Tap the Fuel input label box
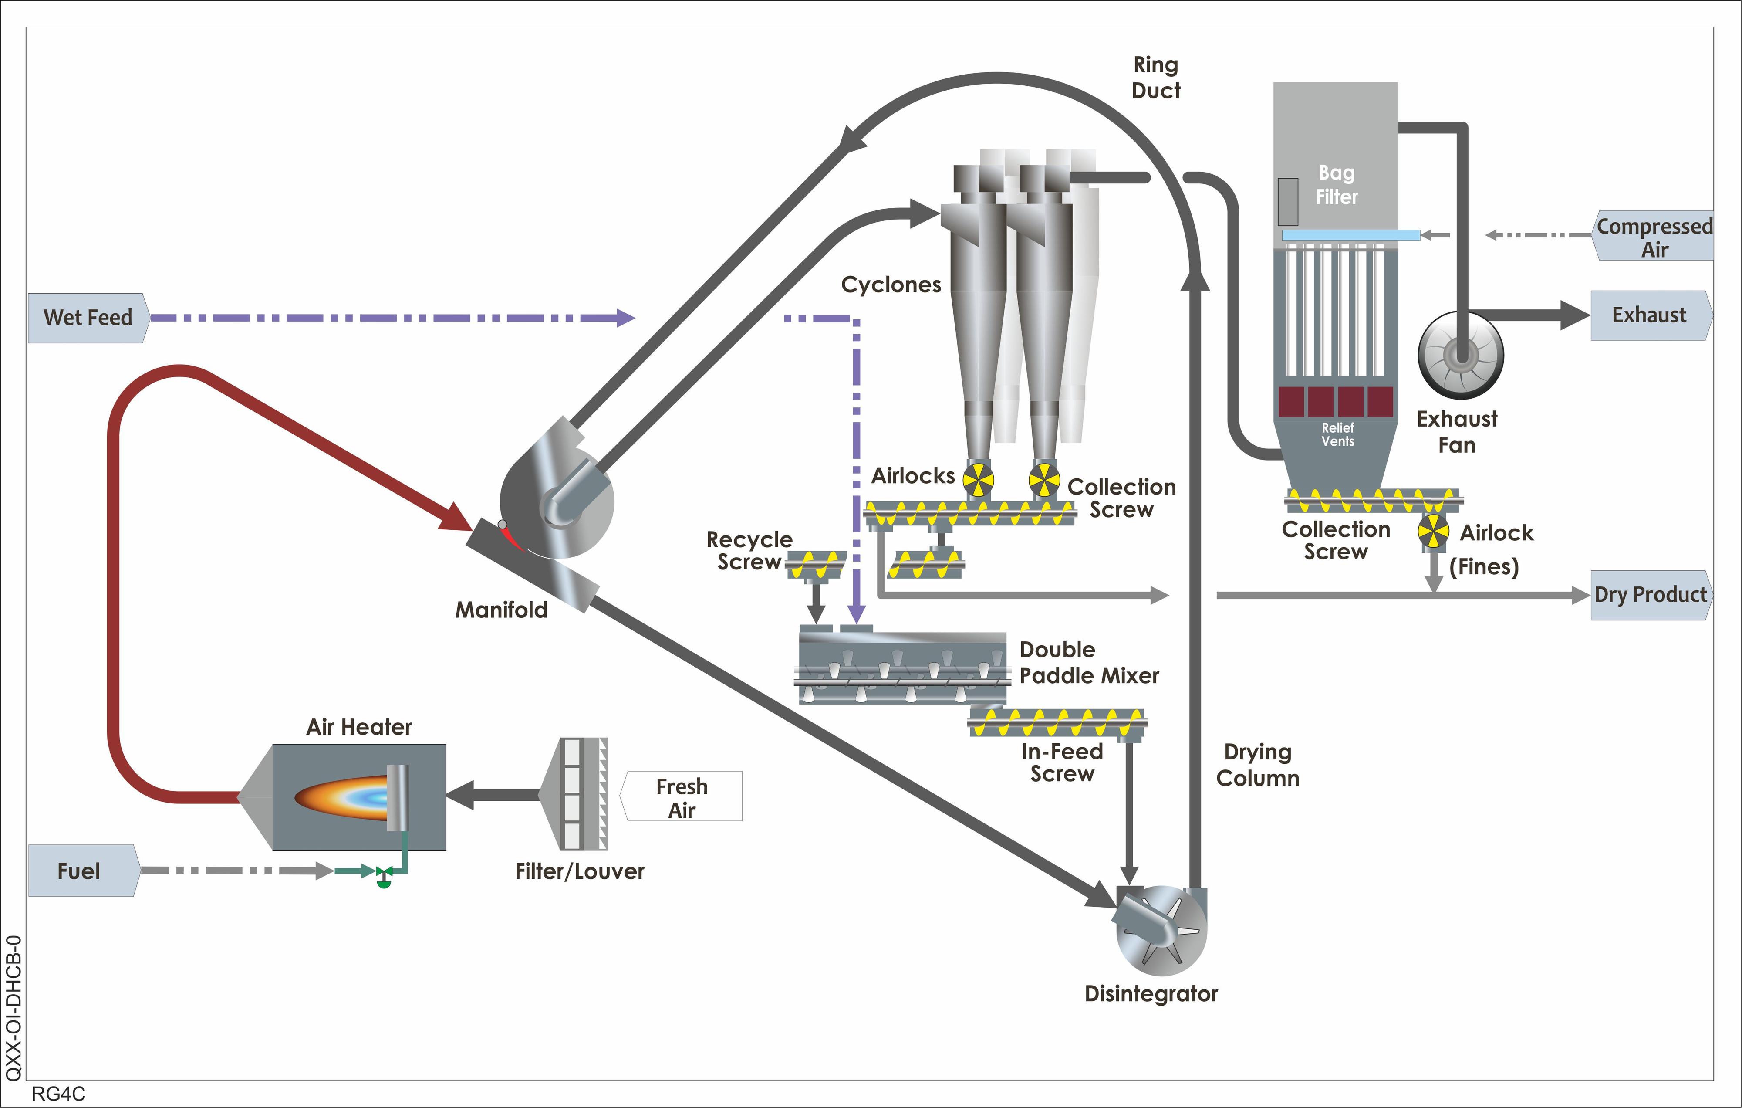point(83,871)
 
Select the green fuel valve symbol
point(383,876)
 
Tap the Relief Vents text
point(1337,434)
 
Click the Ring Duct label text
point(1156,78)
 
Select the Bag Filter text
point(1336,185)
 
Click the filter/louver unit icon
point(574,794)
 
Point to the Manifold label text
point(501,610)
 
